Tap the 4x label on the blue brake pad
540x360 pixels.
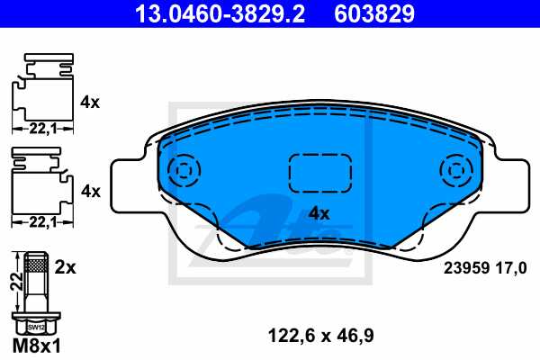pyautogui.click(x=319, y=214)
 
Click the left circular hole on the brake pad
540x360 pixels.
pyautogui.click(x=184, y=169)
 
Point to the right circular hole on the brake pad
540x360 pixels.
pyautogui.click(x=456, y=169)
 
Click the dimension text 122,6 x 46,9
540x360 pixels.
pyautogui.click(x=321, y=337)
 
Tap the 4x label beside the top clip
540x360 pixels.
pyautogui.click(x=89, y=103)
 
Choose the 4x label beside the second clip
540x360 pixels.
pyautogui.click(x=89, y=191)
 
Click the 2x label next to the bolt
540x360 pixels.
pyautogui.click(x=65, y=268)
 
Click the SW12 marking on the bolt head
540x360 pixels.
pyautogui.click(x=37, y=327)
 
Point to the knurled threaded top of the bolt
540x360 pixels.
pyautogui.click(x=37, y=264)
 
